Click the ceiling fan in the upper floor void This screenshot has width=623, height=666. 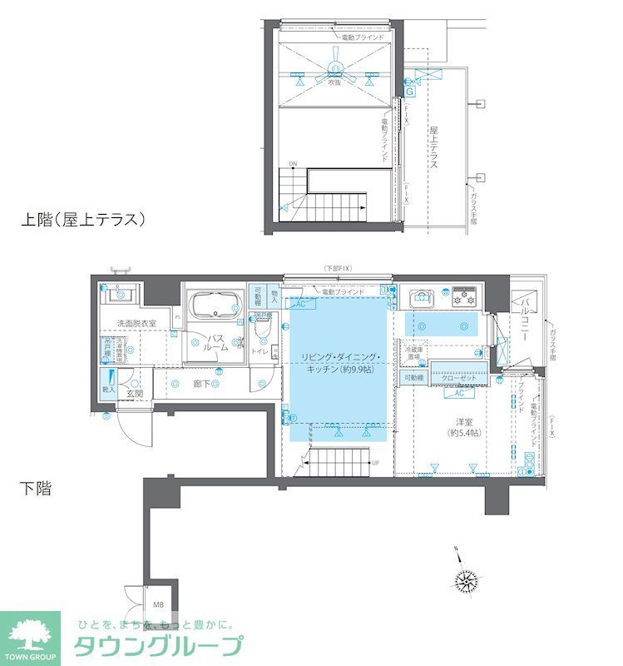pyautogui.click(x=335, y=72)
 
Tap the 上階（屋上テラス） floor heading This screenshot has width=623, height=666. pyautogui.click(x=84, y=220)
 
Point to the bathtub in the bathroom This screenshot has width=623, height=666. pyautogui.click(x=215, y=307)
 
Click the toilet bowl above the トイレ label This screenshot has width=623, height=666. pyautogui.click(x=263, y=331)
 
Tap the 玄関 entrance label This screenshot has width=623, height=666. pyautogui.click(x=135, y=393)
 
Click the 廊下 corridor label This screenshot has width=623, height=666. pyautogui.click(x=201, y=384)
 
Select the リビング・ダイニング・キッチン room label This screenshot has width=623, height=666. pyautogui.click(x=342, y=363)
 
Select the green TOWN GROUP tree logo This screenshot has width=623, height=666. pyautogui.click(x=30, y=634)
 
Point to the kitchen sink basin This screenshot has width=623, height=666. pyautogui.click(x=421, y=297)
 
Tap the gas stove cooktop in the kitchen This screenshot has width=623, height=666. pyautogui.click(x=464, y=295)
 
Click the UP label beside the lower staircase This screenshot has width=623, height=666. pyautogui.click(x=376, y=463)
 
